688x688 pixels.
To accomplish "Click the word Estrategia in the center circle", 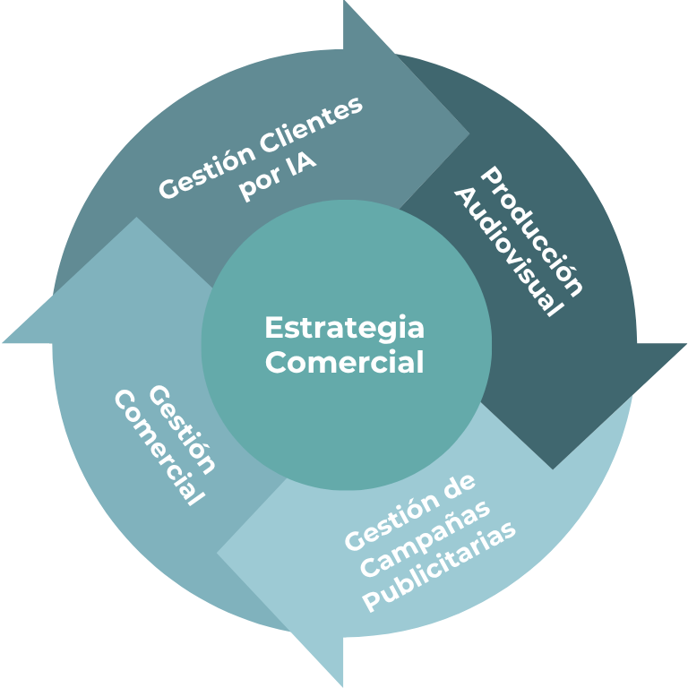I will pos(345,329).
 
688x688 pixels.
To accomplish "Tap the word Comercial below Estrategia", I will pos(345,363).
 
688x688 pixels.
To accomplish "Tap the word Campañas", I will pos(429,538).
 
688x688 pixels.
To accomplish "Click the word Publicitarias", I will pos(444,566).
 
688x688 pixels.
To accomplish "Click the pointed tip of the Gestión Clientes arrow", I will pos(469,134).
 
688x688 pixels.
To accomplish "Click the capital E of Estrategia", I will pos(272,328).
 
